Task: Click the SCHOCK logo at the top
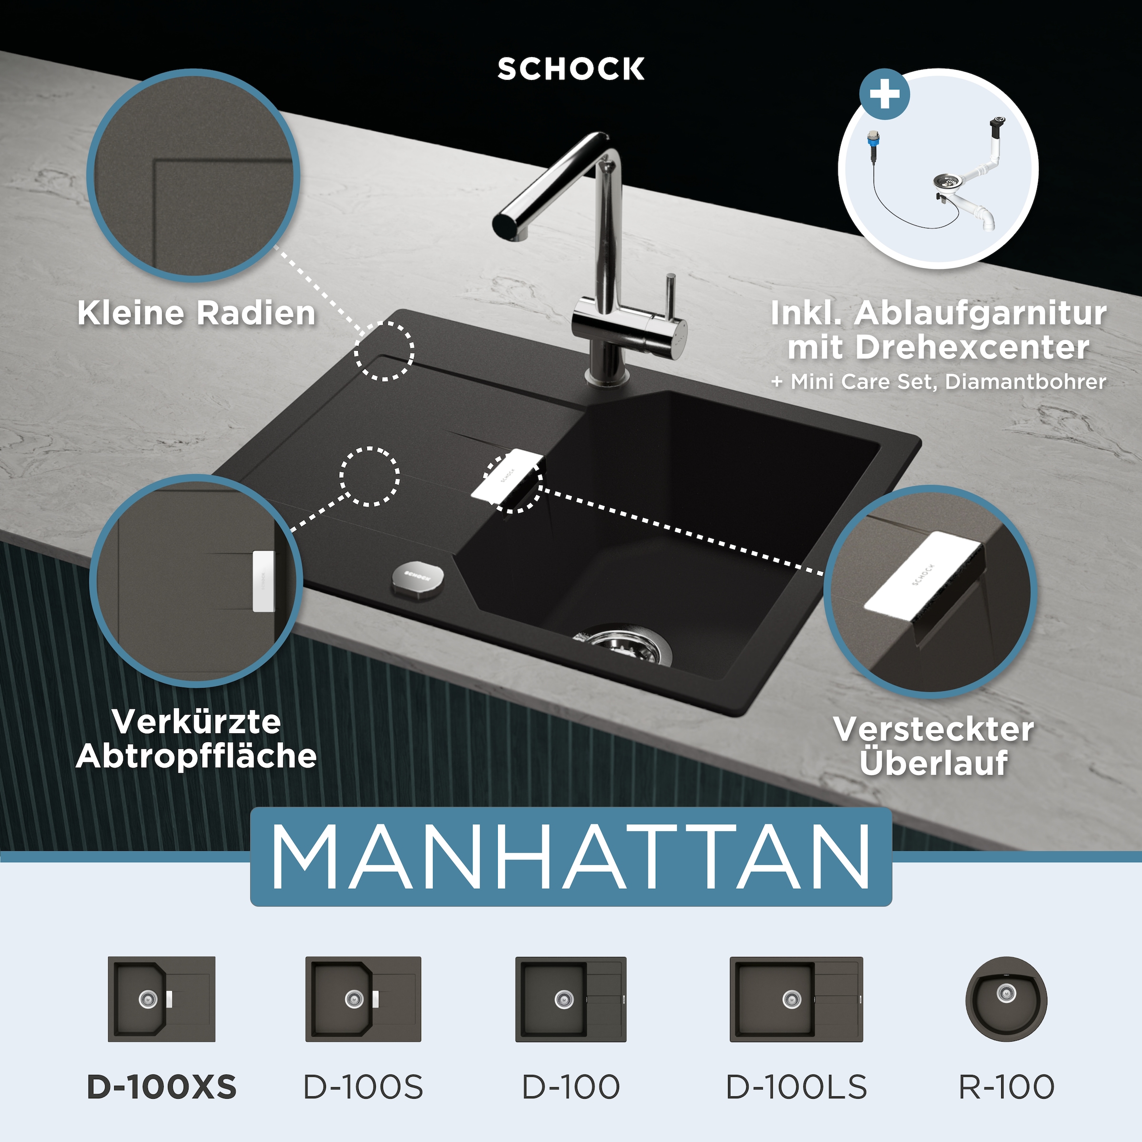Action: [571, 69]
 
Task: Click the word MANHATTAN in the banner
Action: [571, 856]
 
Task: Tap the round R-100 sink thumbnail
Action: [1006, 999]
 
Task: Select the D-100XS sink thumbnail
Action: [161, 999]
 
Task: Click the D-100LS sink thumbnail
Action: [796, 999]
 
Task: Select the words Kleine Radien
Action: [196, 313]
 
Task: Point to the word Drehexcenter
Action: [972, 347]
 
